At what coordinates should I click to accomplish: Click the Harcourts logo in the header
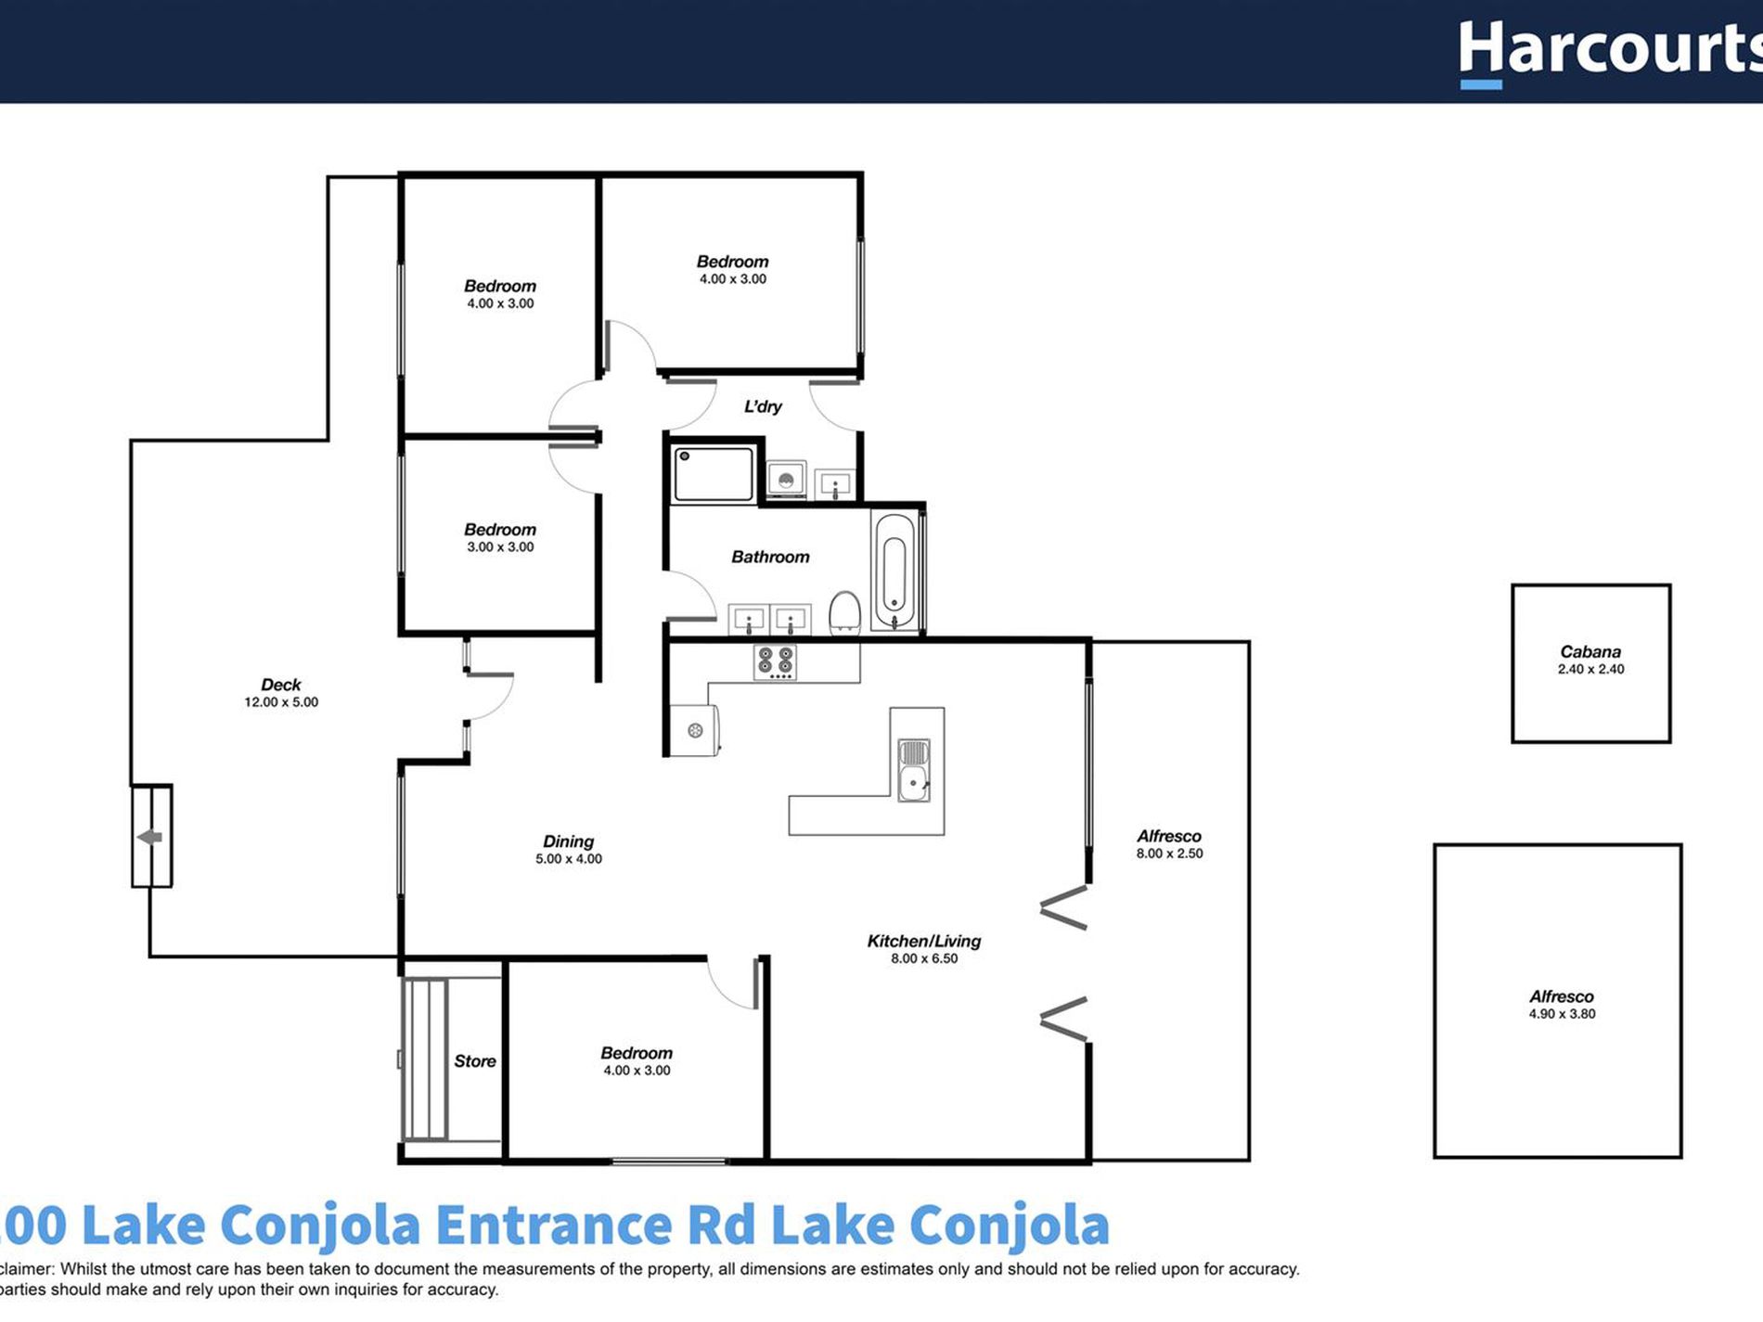point(1610,51)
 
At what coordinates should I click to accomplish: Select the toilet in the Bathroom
point(844,613)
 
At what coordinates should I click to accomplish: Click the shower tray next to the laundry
point(714,474)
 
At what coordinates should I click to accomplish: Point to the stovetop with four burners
point(776,662)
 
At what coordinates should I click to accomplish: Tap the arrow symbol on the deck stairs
point(150,837)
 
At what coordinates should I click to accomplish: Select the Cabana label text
point(1590,651)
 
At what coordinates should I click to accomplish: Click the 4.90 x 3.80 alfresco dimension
point(1562,1014)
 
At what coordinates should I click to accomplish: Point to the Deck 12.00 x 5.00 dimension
point(281,702)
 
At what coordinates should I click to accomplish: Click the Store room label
point(474,1060)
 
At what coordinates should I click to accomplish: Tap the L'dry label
point(763,406)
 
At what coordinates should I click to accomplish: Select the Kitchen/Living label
point(923,941)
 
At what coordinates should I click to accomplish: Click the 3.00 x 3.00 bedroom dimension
point(500,547)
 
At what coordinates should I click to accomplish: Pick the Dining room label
point(568,841)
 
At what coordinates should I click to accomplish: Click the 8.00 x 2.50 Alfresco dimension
point(1169,854)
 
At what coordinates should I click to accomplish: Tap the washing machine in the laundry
point(786,480)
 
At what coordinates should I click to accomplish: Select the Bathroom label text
point(770,557)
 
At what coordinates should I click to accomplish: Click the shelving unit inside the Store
point(426,1059)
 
